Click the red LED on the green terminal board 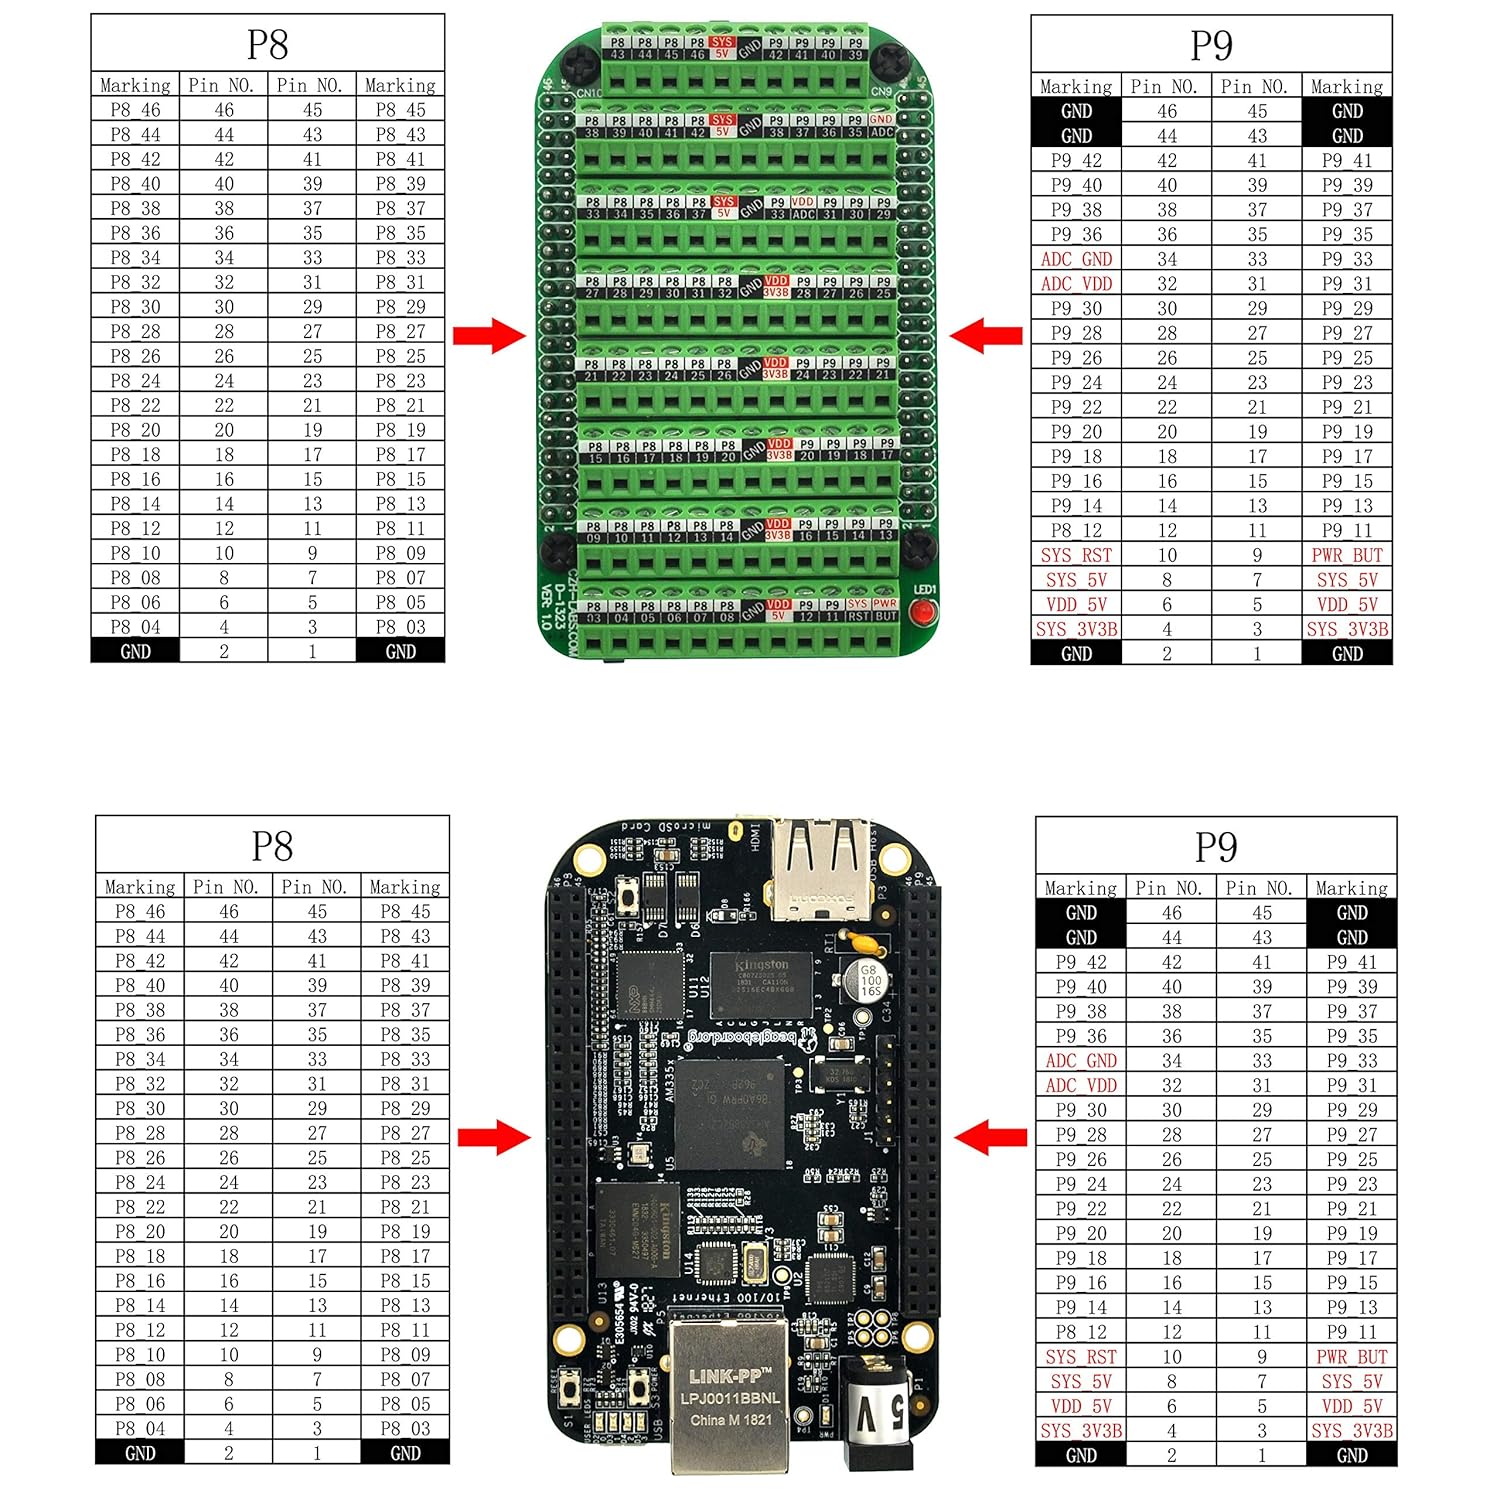coord(925,612)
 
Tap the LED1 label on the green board coord(925,590)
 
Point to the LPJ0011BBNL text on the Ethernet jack coord(735,1398)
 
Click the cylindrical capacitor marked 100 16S coord(870,980)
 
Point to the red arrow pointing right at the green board coord(489,335)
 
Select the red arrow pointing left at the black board coord(990,1136)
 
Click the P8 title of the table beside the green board coord(267,45)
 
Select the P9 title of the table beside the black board coord(1216,847)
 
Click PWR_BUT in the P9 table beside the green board coord(1347,555)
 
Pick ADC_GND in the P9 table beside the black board coord(1081,1061)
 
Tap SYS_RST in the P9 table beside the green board coord(1076,555)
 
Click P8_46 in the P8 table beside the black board coord(140,912)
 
